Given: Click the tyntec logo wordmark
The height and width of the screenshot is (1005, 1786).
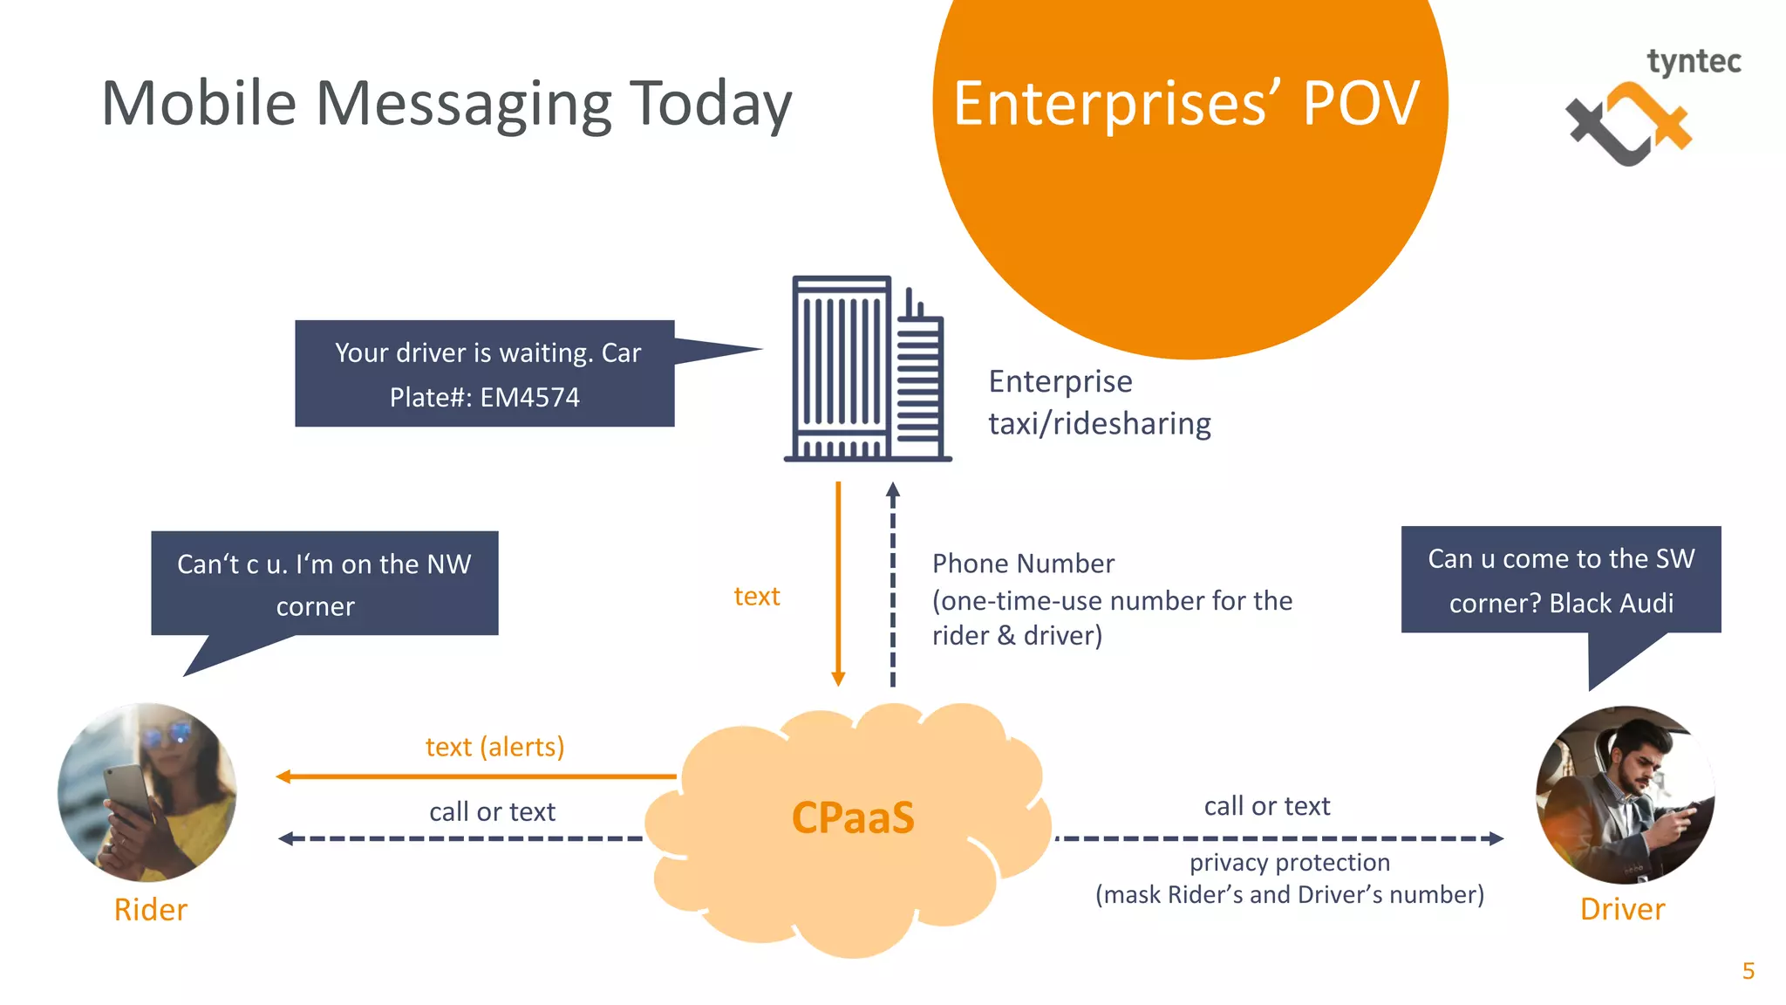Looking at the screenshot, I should pos(1693,63).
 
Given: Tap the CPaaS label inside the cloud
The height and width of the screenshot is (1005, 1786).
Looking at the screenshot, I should pos(852,818).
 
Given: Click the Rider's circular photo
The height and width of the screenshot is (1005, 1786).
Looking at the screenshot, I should pos(147,792).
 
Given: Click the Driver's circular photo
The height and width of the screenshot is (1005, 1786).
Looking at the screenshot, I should pos(1625,795).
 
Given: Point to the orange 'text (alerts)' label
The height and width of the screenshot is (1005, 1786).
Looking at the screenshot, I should pos(494,747).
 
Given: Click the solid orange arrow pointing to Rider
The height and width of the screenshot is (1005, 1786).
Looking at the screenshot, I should pos(475,776).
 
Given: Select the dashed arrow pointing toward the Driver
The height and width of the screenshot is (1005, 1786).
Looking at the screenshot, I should pos(1278,838).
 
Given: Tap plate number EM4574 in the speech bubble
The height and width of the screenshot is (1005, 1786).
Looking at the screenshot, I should pos(529,398).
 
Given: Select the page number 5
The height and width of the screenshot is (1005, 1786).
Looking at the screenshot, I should pos(1748,971).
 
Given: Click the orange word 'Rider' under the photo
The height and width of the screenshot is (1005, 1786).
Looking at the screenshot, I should pos(150,910).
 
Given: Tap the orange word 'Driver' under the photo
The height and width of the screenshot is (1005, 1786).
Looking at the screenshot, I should pos(1622,910).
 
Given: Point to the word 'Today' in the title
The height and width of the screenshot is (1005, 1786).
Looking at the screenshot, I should pos(710,105).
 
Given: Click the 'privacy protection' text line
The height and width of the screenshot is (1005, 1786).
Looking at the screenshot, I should pos(1289,863).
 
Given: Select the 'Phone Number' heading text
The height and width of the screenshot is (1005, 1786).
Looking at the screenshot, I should pos(1023,564).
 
